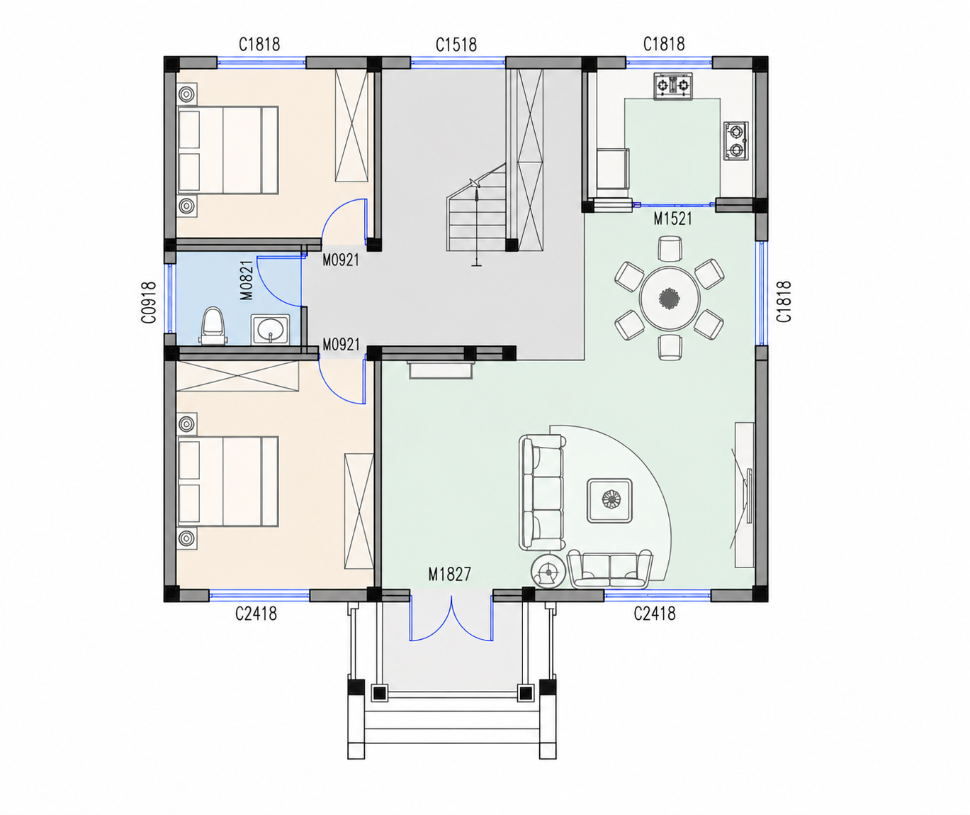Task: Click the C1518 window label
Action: (456, 45)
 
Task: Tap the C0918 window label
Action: (149, 302)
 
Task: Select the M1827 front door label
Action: (449, 575)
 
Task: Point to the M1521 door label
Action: (672, 218)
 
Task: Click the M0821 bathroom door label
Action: (247, 280)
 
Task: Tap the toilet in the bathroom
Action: (214, 326)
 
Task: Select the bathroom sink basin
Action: (270, 329)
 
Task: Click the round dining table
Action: (670, 298)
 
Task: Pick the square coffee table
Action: (609, 501)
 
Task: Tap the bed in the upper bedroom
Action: (228, 150)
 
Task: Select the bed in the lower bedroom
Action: (228, 481)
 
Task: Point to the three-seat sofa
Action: (541, 492)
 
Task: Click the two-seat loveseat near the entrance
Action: (609, 569)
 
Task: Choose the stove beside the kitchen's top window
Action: (672, 86)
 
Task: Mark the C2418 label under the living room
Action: (655, 614)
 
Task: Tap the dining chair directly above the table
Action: (670, 248)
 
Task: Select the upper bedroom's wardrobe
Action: (351, 126)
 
